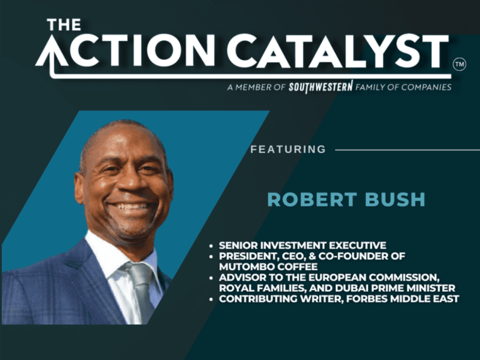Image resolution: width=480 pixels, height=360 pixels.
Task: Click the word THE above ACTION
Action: pos(64,24)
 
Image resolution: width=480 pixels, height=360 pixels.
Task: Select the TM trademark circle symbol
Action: pos(459,64)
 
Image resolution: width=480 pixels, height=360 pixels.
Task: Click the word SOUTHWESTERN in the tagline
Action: pos(321,87)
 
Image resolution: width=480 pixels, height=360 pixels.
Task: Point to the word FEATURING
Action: pos(288,150)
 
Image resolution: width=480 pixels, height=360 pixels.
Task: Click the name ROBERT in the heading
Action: pos(312,200)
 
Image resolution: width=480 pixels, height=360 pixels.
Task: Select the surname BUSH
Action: pos(396,200)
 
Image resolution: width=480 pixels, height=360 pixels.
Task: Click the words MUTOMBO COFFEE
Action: pos(268,267)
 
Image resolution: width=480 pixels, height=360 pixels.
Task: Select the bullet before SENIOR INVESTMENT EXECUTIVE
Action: pos(211,246)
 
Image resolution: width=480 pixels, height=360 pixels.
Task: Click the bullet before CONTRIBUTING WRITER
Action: pos(211,299)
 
